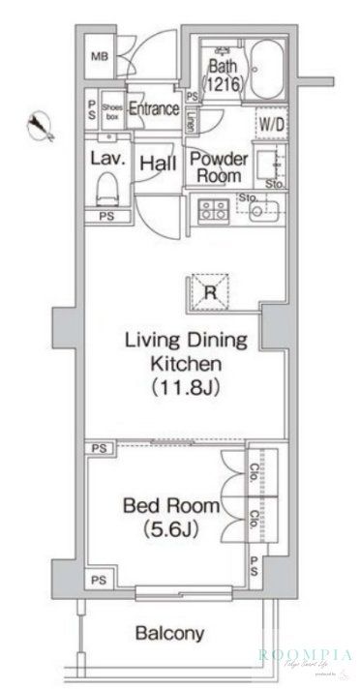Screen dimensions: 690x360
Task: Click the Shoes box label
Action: point(111,108)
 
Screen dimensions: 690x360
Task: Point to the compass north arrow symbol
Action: point(40,125)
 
